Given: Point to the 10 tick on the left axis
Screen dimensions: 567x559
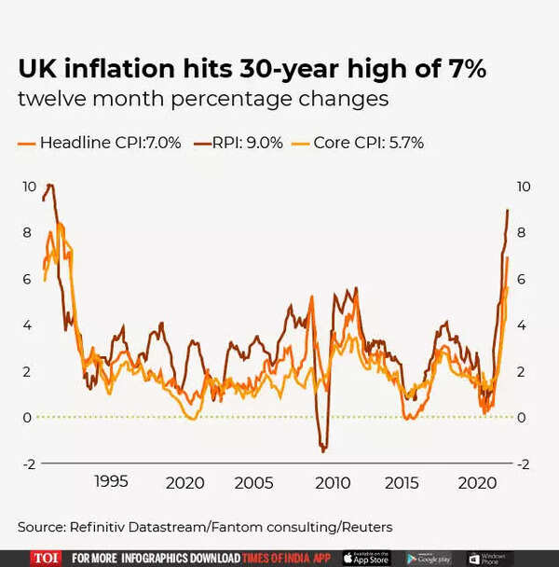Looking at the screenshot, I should click(x=30, y=187).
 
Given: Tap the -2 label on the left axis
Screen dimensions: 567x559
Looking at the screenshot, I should click(x=29, y=463).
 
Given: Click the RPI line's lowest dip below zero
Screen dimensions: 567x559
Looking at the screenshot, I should click(x=323, y=450).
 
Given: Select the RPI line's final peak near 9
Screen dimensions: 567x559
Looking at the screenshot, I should click(x=508, y=210).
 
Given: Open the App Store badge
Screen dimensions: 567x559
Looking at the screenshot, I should click(x=366, y=558).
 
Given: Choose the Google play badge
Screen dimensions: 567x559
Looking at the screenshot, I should click(x=429, y=558).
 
